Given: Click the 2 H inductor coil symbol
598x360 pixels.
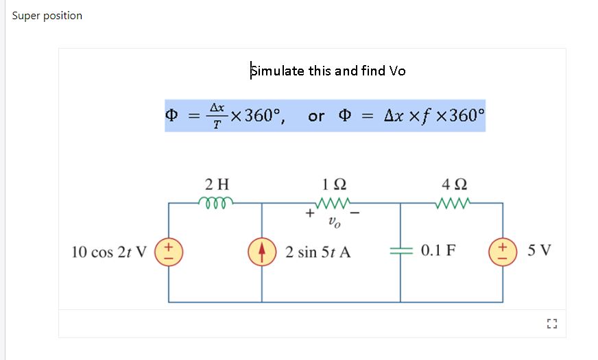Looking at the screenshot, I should pos(216,202).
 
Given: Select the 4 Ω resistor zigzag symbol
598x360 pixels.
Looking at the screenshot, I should pos(452,202).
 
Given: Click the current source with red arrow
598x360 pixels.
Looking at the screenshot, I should pos(261,252).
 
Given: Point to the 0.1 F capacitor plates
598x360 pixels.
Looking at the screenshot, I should pos(400,252).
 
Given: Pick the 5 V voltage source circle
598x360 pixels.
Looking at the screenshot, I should pos(503,252).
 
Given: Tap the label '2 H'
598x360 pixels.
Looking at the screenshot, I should pos(217,184).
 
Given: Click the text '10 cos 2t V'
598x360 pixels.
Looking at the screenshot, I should pos(109,252).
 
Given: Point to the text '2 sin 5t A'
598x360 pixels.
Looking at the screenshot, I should pos(318,252).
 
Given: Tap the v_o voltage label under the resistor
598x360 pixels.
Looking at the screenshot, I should pos(334,221).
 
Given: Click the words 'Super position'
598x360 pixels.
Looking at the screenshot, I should pos(47,16).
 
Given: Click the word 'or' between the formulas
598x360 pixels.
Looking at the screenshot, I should pos(316,116).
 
